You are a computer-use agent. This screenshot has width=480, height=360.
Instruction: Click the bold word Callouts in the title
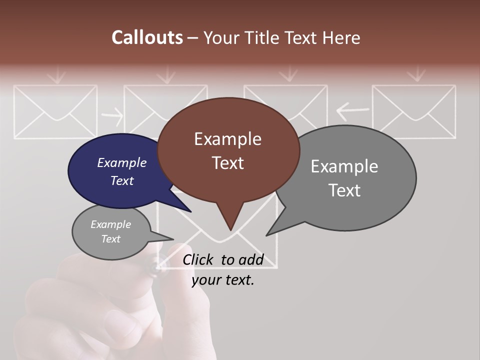(x=147, y=37)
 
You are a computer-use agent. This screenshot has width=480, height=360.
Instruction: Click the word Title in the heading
(x=262, y=37)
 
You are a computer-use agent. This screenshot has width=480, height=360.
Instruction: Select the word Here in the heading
(x=341, y=37)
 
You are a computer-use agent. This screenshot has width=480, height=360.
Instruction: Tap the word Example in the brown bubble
(x=227, y=139)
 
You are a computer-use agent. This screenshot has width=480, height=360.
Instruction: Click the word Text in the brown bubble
(x=227, y=163)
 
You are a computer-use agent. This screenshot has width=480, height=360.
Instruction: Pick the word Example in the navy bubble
(x=121, y=162)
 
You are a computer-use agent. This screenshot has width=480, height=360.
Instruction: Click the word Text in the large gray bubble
(x=344, y=190)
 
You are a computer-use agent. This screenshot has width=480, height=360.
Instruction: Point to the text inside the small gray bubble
(x=110, y=231)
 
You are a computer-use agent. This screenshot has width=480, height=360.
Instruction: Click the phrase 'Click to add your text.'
(x=223, y=269)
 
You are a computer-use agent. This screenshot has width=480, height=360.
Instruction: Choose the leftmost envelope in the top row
(x=55, y=111)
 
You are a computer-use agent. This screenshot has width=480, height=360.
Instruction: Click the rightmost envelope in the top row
(x=414, y=111)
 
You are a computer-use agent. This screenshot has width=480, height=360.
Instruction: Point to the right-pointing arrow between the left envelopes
(x=112, y=117)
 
